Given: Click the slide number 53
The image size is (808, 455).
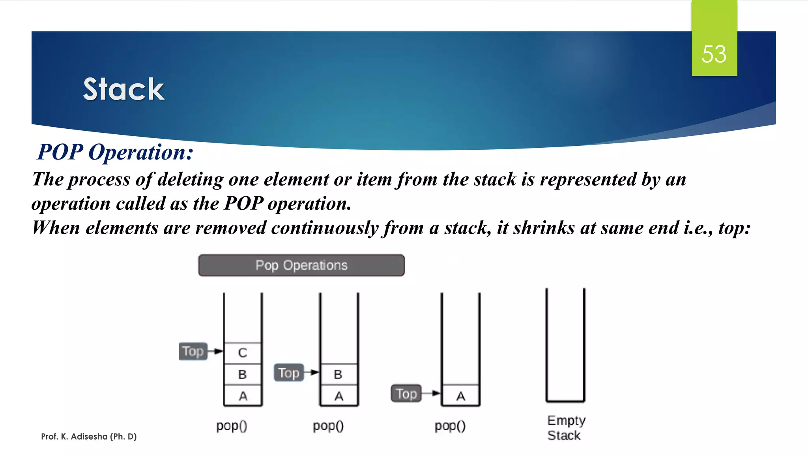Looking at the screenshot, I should [714, 54].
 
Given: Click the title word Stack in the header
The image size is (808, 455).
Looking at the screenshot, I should [123, 89].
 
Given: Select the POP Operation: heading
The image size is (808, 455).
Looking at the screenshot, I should [115, 152].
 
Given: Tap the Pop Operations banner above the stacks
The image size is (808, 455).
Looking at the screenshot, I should [301, 265].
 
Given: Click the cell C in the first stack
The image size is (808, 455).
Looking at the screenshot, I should [243, 353].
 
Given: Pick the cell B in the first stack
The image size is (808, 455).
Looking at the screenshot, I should [243, 374].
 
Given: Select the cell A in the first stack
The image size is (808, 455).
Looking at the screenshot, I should [243, 396].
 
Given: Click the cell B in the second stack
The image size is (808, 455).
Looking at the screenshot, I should [339, 374].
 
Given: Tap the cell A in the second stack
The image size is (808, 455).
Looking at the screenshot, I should [339, 396].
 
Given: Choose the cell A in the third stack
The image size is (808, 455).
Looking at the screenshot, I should [460, 396].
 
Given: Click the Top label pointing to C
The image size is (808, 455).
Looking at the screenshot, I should [193, 351].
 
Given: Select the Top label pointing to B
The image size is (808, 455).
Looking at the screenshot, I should [289, 373].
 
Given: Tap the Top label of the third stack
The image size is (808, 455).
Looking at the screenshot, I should [406, 394].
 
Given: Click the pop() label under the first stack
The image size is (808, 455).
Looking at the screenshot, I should [232, 426].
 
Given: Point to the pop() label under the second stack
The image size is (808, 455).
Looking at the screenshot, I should [328, 426].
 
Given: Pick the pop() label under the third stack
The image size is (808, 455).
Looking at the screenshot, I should [450, 426].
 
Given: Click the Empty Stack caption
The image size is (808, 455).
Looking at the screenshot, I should [566, 428].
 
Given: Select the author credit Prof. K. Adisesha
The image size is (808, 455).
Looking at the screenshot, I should [89, 436].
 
